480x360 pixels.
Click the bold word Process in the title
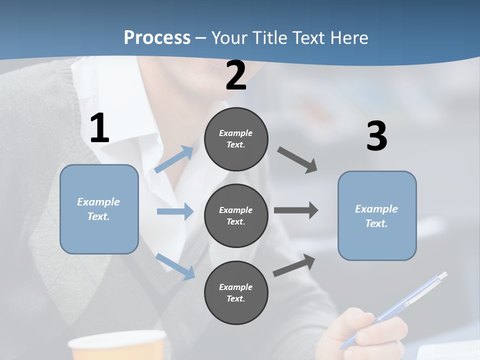(x=157, y=37)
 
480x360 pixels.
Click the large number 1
(x=99, y=128)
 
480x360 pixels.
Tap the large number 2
(x=236, y=75)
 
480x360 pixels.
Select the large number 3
(x=376, y=136)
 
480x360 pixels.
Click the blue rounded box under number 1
(x=99, y=209)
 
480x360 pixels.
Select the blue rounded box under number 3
(x=377, y=215)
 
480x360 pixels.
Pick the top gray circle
(x=236, y=139)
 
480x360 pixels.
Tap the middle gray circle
(x=236, y=215)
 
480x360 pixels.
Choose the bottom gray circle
(x=236, y=292)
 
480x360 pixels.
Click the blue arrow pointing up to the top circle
(x=174, y=159)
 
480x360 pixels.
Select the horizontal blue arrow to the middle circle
(x=175, y=211)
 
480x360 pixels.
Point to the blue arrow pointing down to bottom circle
(x=175, y=266)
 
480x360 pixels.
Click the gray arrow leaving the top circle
(x=297, y=160)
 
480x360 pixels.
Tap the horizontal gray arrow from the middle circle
(x=296, y=210)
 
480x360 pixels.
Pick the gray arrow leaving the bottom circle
(x=294, y=265)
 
